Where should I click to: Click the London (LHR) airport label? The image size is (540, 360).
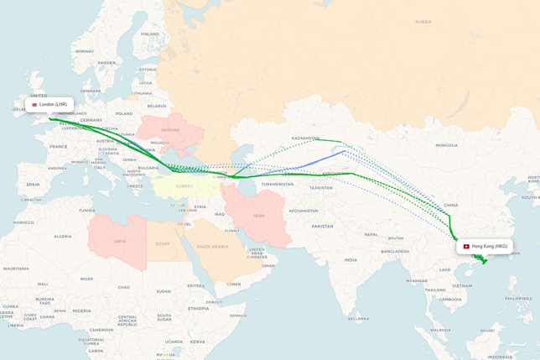pyautogui.click(x=50, y=105)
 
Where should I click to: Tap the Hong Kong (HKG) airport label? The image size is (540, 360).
pyautogui.click(x=489, y=247)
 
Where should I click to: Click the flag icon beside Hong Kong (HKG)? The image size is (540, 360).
pyautogui.click(x=466, y=247)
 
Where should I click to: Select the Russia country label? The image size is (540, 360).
pyautogui.click(x=423, y=22)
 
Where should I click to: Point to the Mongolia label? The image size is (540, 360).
pyautogui.click(x=446, y=145)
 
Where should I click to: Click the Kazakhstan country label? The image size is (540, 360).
pyautogui.click(x=305, y=138)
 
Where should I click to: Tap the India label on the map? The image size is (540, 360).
pyautogui.click(x=350, y=259)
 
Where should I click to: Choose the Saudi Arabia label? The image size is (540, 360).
pyautogui.click(x=213, y=247)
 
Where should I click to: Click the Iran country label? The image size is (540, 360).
pyautogui.click(x=258, y=216)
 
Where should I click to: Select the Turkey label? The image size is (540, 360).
pyautogui.click(x=184, y=186)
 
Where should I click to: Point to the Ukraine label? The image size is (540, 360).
pyautogui.click(x=170, y=130)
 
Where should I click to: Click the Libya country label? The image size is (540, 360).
pyautogui.click(x=120, y=241)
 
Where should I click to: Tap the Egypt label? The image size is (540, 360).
pyautogui.click(x=163, y=244)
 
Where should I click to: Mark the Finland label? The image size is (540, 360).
pyautogui.click(x=150, y=34)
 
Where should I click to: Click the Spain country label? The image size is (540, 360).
pyautogui.click(x=33, y=184)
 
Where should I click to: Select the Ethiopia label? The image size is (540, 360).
pyautogui.click(x=198, y=308)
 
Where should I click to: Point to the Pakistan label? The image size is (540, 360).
pyautogui.click(x=323, y=227)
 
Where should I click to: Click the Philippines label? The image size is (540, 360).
pyautogui.click(x=519, y=298)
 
